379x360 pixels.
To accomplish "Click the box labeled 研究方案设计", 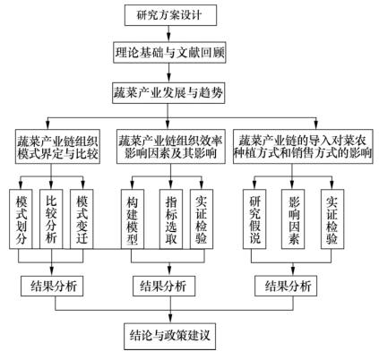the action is [x=170, y=15].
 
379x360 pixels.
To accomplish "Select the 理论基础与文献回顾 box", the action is [x=169, y=53].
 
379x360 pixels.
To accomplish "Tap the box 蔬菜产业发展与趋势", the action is [x=168, y=93].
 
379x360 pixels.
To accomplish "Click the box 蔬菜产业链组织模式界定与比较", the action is [x=57, y=146].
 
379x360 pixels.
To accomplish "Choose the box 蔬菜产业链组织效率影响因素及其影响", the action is [x=170, y=146].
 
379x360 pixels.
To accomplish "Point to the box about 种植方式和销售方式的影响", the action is [x=303, y=146].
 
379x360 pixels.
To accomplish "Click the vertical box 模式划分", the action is [x=21, y=219].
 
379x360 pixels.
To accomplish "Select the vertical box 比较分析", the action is [x=51, y=219].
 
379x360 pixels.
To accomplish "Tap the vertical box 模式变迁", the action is [x=82, y=219].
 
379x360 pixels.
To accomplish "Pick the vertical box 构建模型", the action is [x=133, y=219].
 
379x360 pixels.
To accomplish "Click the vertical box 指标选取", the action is [x=171, y=219].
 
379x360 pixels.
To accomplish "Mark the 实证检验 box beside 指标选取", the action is [x=202, y=219].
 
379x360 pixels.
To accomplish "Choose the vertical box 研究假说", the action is [x=254, y=219].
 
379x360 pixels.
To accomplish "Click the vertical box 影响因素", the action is [x=293, y=219].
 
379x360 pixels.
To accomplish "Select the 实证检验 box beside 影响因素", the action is [x=332, y=219].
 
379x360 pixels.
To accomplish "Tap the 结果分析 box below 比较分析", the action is [x=52, y=286].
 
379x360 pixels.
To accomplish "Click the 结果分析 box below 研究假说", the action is [x=286, y=286].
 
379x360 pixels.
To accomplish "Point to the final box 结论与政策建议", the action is [x=169, y=336].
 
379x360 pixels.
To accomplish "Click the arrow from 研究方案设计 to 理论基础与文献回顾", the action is [x=169, y=34].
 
